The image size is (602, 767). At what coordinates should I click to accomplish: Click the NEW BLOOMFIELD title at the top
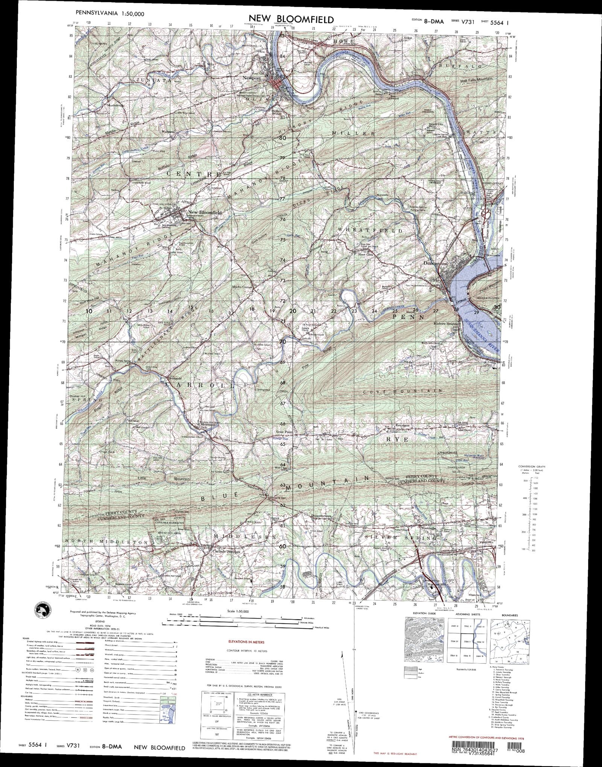click(286, 19)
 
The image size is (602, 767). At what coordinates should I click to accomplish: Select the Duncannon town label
click(435, 264)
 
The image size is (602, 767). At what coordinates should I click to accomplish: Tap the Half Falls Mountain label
click(476, 80)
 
